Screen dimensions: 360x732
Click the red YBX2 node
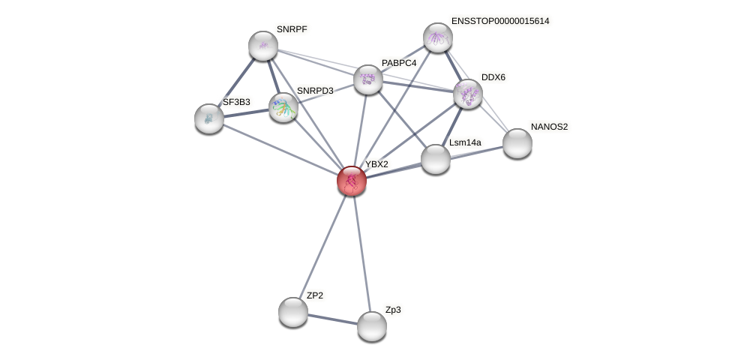pyautogui.click(x=351, y=181)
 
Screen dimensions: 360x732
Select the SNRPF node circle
pyautogui.click(x=263, y=46)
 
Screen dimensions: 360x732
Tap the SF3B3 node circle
pyautogui.click(x=209, y=118)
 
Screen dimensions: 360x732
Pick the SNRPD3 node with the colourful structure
pyautogui.click(x=283, y=107)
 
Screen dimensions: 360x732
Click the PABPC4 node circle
pyautogui.click(x=368, y=79)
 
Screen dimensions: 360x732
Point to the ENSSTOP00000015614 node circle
pyautogui.click(x=438, y=37)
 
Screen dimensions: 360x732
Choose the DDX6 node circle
pyautogui.click(x=468, y=94)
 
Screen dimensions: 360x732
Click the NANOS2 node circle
pyautogui.click(x=517, y=143)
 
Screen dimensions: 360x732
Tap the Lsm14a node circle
pyautogui.click(x=436, y=159)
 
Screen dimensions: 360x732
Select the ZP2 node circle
pyautogui.click(x=293, y=311)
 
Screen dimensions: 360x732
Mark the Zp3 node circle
pyautogui.click(x=372, y=325)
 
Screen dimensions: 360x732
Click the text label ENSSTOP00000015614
pyautogui.click(x=499, y=21)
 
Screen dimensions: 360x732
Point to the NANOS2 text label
pyautogui.click(x=549, y=127)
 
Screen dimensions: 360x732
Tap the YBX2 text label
pyautogui.click(x=376, y=164)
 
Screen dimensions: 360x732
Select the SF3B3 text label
pyautogui.click(x=236, y=102)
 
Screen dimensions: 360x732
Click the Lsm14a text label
pyautogui.click(x=465, y=142)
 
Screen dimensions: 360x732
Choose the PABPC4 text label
pyautogui.click(x=398, y=63)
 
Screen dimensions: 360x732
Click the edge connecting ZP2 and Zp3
pyautogui.click(x=332, y=319)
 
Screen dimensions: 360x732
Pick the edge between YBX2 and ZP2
pyautogui.click(x=322, y=245)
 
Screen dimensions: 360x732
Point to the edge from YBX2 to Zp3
pyautogui.click(x=361, y=253)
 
